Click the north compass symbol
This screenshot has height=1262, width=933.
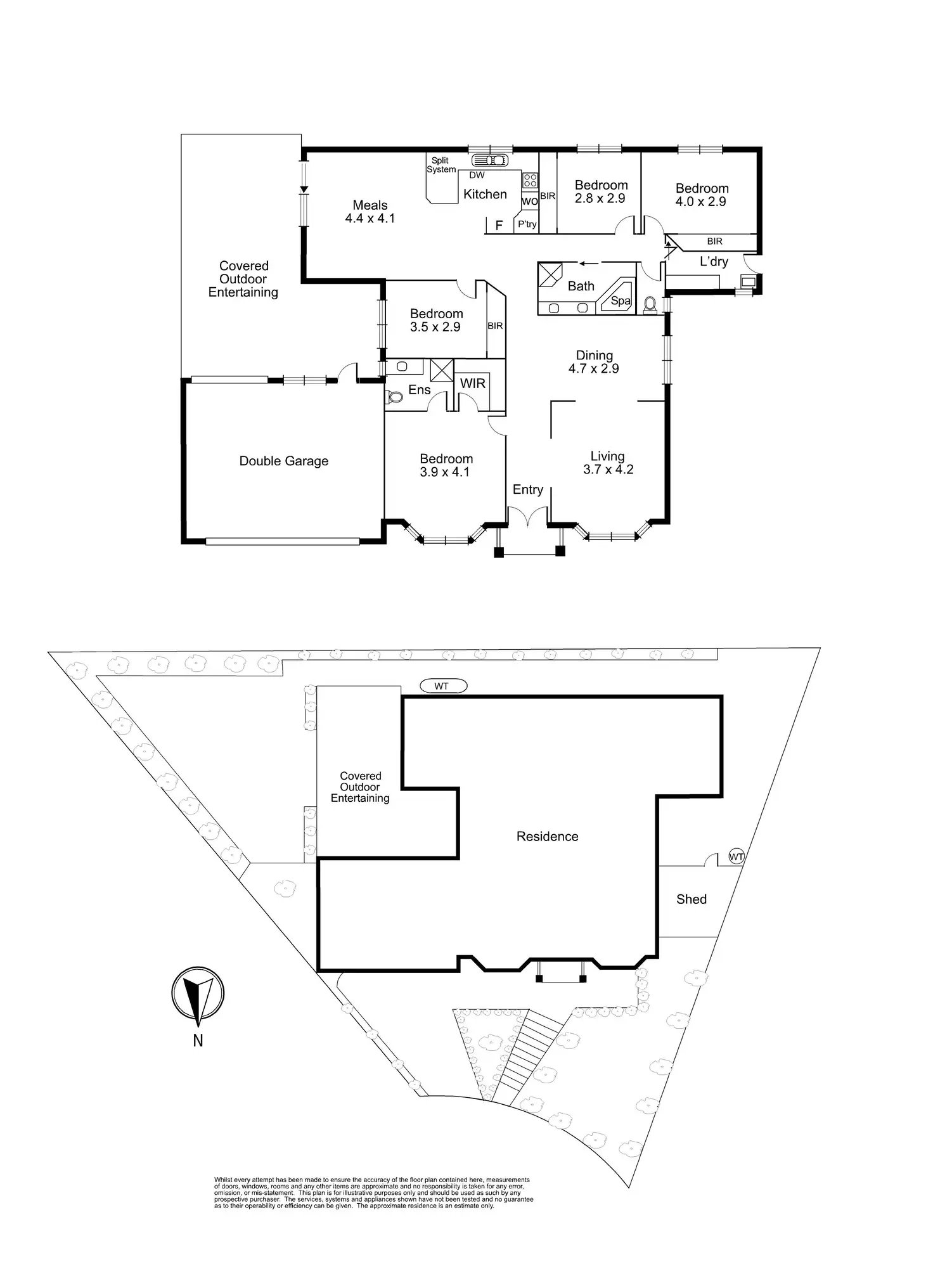[198, 996]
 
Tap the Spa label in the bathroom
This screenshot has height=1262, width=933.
[621, 301]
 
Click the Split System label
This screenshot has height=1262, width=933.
[441, 165]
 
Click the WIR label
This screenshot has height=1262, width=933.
[473, 383]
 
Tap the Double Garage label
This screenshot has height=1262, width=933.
[283, 461]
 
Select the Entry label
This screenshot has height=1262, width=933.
[528, 489]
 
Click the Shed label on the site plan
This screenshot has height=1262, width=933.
[691, 899]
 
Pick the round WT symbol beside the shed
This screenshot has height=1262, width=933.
[736, 856]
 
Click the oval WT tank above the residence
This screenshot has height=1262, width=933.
[442, 686]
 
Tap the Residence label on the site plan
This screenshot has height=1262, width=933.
[547, 837]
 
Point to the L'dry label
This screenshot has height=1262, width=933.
[714, 261]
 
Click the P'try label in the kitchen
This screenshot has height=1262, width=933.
[527, 224]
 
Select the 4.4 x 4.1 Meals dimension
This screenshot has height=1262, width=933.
[370, 218]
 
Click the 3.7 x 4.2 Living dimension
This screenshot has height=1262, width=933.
[608, 470]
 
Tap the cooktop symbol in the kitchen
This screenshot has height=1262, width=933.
[530, 180]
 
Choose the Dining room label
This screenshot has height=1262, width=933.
[594, 355]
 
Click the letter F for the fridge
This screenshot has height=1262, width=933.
[499, 225]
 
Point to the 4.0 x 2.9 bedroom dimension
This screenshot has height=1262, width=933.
[701, 202]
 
